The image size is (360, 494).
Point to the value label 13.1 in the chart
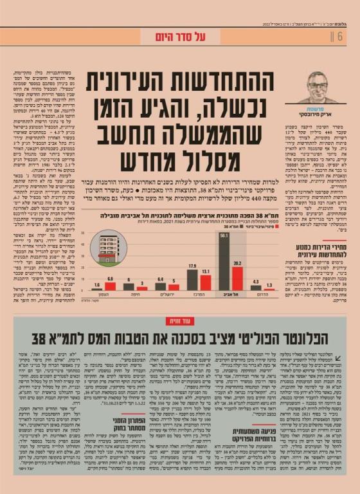(206, 271)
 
